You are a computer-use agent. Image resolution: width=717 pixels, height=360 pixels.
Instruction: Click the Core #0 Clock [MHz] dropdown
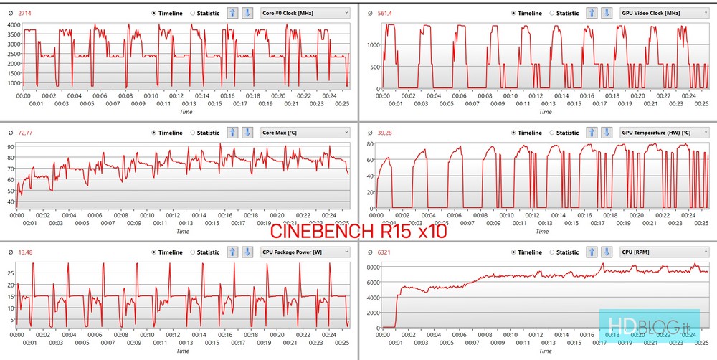click(x=305, y=13)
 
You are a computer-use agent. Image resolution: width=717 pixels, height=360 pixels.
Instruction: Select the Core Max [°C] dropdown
click(x=305, y=133)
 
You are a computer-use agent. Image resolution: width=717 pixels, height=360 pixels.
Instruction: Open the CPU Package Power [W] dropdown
click(x=305, y=252)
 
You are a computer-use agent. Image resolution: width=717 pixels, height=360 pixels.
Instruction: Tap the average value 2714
click(x=25, y=13)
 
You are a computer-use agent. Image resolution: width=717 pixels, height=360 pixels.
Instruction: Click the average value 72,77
click(x=26, y=133)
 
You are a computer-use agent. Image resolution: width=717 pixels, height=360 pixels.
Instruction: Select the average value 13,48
click(x=26, y=252)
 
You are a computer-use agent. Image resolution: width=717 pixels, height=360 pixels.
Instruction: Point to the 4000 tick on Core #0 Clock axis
click(x=14, y=24)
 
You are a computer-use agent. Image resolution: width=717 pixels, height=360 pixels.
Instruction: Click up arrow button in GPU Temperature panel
click(x=592, y=133)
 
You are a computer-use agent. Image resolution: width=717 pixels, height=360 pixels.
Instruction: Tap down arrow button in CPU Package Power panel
click(x=247, y=252)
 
